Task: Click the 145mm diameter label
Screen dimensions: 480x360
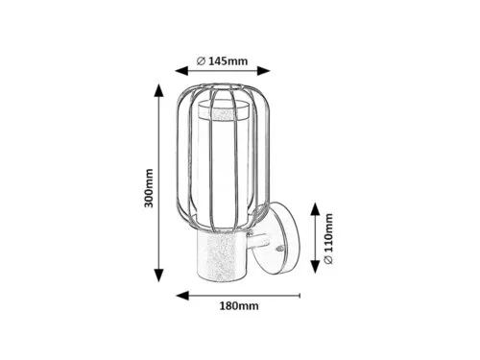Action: tap(223, 60)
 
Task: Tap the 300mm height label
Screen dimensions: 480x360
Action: tap(149, 188)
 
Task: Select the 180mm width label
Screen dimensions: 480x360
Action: tap(239, 306)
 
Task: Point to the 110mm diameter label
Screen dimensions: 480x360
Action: tap(328, 238)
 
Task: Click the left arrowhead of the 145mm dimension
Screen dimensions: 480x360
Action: tap(181, 71)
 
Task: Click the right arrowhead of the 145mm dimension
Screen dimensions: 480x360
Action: tap(264, 71)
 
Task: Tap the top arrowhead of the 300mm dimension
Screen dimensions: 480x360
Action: tap(159, 90)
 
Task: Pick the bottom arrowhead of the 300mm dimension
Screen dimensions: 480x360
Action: tap(159, 276)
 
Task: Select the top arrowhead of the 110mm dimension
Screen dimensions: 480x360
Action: tap(316, 209)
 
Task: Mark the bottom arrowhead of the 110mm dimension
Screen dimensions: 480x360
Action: tap(316, 267)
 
